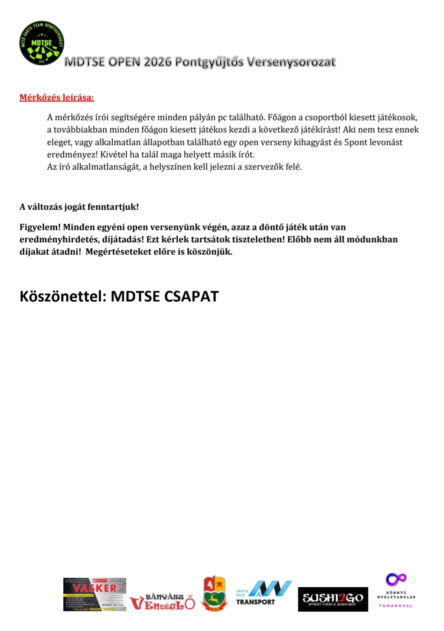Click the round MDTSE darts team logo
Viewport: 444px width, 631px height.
coord(41,44)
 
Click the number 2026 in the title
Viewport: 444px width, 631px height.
coord(157,62)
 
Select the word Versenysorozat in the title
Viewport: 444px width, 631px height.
coord(291,62)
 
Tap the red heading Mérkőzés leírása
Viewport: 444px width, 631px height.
coord(57,98)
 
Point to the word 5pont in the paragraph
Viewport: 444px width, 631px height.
coord(356,142)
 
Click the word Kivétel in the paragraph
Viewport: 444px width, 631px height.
coord(114,155)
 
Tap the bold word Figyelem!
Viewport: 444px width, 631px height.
coord(40,227)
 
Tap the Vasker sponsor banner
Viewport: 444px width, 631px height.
coord(95,594)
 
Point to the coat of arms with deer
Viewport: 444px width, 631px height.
coord(215,593)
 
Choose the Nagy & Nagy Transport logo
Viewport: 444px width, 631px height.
coord(264,593)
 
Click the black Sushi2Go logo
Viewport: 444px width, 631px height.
coord(333,599)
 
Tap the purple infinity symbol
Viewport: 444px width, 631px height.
coord(396,579)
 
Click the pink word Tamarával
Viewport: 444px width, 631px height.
coord(395,606)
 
